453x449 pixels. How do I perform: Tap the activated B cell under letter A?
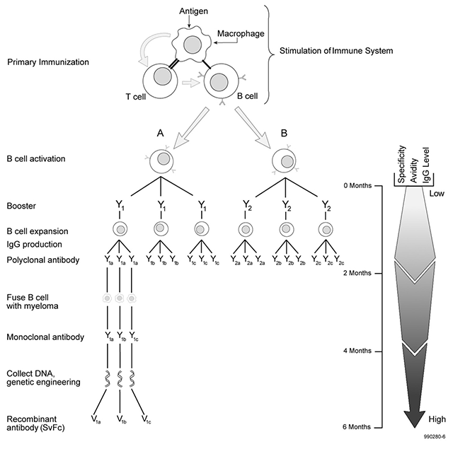coord(164,161)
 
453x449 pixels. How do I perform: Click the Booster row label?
coord(22,206)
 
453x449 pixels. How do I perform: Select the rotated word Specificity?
coord(401,164)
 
